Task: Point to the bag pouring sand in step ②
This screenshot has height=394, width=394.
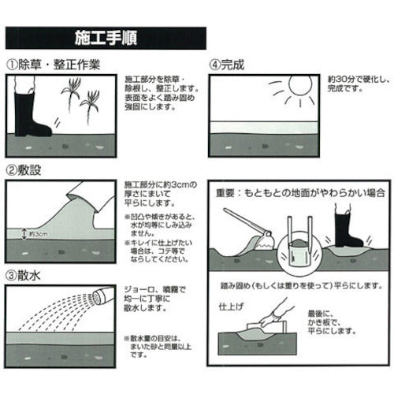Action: [84, 197]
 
